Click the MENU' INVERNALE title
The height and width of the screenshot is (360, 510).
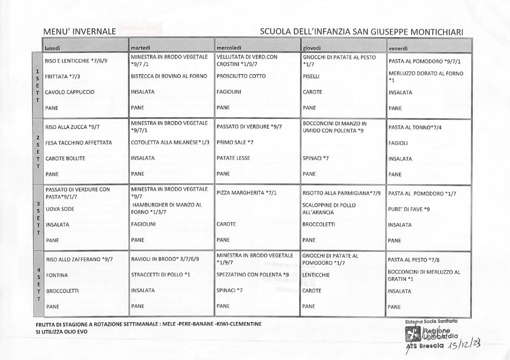(x=80, y=32)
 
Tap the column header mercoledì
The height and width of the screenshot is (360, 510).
(x=229, y=48)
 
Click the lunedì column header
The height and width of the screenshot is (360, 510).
(x=52, y=48)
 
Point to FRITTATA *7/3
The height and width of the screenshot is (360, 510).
(x=62, y=76)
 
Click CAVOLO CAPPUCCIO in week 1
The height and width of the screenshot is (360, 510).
(x=70, y=92)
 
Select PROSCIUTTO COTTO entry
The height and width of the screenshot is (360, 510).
(x=241, y=76)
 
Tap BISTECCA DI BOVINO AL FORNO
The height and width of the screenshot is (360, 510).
(x=169, y=76)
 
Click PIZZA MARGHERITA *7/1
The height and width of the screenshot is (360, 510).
(x=246, y=193)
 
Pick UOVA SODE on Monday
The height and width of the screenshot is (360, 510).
(x=60, y=209)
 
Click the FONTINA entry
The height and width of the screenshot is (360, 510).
(x=57, y=275)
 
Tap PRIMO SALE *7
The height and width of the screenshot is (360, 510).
(x=235, y=143)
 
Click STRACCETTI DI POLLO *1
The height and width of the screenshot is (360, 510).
(x=161, y=275)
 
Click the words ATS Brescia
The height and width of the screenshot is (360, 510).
(x=425, y=346)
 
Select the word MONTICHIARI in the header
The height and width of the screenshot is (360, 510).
(x=432, y=32)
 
